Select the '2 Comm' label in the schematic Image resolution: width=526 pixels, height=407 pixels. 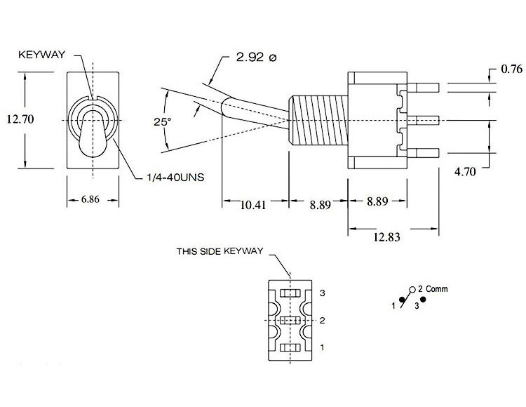coord(432,289)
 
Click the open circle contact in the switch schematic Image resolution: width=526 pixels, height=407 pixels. coord(411,289)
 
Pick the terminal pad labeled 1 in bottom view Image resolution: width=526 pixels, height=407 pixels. coord(289,347)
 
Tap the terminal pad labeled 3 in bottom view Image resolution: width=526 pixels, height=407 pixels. coord(289,292)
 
